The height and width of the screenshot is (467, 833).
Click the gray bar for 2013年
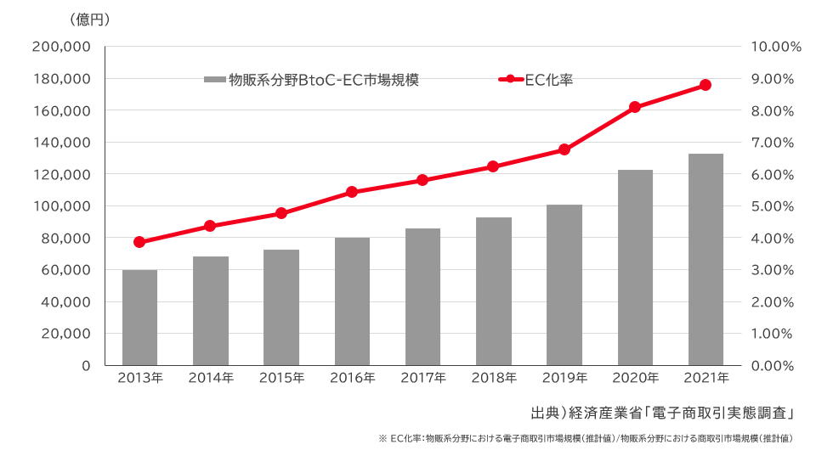[x=139, y=318]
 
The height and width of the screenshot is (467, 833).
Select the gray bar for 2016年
[x=352, y=301]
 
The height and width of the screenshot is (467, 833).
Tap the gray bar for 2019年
[x=564, y=284]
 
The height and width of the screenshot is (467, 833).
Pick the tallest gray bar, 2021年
[x=705, y=259]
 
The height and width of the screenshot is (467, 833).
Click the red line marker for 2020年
[x=635, y=107]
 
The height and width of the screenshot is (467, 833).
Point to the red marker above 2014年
[x=210, y=226]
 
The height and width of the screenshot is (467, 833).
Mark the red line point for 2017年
[x=422, y=180]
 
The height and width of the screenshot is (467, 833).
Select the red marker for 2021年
[x=705, y=85]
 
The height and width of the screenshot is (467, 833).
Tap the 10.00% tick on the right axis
[x=777, y=48]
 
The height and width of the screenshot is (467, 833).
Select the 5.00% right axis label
[x=773, y=206]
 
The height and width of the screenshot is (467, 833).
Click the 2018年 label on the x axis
[x=494, y=378]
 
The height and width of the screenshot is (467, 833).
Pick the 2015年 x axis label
[x=281, y=378]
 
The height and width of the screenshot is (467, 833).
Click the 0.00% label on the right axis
[x=773, y=366]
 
